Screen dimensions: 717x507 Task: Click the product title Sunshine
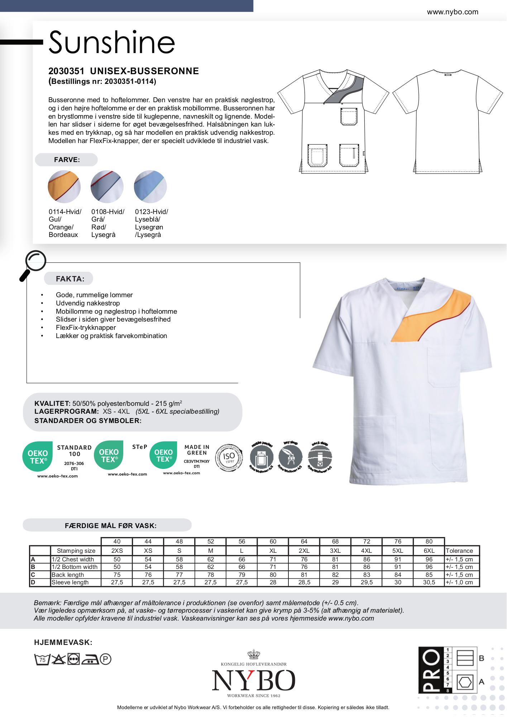111,42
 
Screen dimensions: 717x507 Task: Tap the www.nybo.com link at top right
452,12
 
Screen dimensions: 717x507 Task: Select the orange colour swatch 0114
64,186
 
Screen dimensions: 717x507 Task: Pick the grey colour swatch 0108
107,186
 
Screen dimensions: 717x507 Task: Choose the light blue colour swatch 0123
150,186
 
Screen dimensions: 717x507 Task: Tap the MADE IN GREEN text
197,450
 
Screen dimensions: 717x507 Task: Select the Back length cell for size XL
273,575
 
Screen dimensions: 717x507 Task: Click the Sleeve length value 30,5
429,582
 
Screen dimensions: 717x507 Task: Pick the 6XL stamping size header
429,551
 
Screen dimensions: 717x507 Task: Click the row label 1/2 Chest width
73,559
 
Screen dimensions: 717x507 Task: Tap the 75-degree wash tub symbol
42,659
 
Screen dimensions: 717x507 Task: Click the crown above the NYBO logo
254,655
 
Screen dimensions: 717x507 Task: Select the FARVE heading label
67,160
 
